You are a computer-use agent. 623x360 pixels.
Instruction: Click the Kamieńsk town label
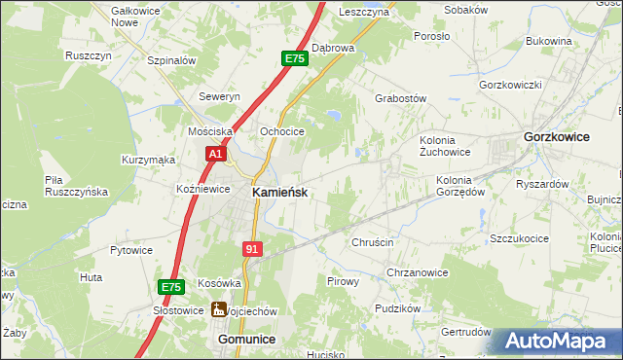(x=280, y=193)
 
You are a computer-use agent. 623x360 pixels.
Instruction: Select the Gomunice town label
(x=246, y=339)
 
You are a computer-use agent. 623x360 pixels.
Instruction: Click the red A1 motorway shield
(x=216, y=154)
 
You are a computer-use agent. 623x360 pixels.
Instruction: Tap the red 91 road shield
(x=252, y=249)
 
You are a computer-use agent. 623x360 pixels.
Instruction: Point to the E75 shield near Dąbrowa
(x=295, y=59)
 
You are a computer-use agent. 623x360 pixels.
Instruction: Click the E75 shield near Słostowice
(x=171, y=287)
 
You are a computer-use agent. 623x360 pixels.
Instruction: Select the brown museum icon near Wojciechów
(x=220, y=310)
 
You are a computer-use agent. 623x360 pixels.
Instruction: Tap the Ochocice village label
(x=282, y=131)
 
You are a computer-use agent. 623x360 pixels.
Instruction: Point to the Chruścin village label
(x=372, y=242)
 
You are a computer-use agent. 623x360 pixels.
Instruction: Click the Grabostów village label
(x=401, y=98)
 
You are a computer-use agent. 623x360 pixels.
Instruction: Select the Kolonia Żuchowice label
(x=445, y=145)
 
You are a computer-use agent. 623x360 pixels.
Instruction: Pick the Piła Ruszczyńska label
(x=75, y=186)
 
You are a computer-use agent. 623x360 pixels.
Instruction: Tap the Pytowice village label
(x=131, y=250)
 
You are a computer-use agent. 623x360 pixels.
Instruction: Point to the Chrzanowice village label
(x=417, y=272)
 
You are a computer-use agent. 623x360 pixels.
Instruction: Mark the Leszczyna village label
(x=364, y=12)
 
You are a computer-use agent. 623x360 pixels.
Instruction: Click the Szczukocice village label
(x=529, y=237)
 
